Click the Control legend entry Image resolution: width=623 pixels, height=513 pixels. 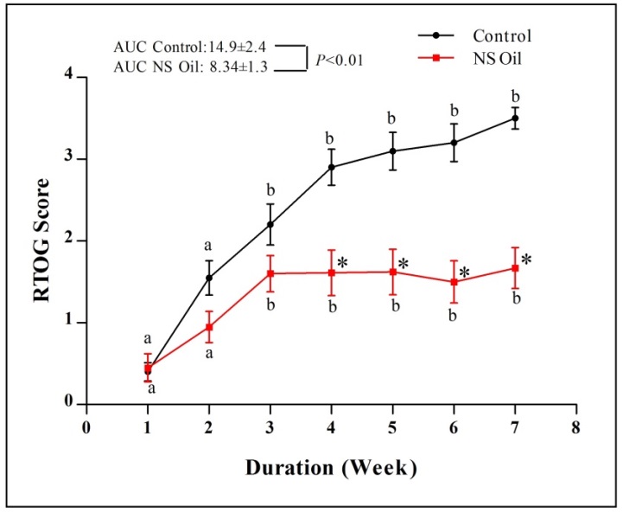[501, 35]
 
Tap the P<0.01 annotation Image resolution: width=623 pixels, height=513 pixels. [340, 59]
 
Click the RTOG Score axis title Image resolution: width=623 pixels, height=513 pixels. [36, 240]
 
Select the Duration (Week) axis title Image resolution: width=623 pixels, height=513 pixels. [332, 468]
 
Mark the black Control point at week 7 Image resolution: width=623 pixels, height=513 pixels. [516, 118]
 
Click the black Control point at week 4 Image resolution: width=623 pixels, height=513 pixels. [332, 167]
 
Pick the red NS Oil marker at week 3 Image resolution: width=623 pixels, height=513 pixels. [270, 273]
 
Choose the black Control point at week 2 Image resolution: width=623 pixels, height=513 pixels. [209, 278]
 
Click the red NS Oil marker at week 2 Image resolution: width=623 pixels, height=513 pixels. [209, 327]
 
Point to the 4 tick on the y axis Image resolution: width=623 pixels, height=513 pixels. [68, 78]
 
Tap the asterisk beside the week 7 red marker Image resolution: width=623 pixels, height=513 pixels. [526, 260]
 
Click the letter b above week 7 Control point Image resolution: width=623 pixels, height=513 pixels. [516, 96]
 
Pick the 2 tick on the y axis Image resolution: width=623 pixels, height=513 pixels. [68, 241]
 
